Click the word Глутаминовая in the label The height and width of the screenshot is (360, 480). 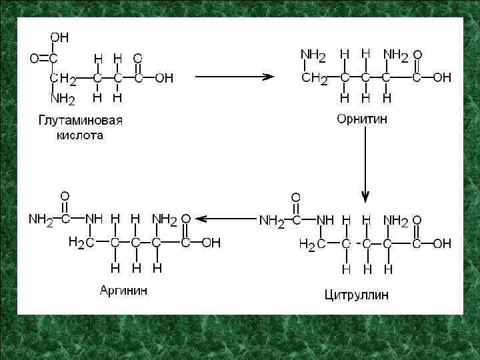(79, 120)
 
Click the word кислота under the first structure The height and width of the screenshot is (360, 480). (79, 135)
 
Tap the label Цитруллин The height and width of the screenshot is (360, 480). (357, 294)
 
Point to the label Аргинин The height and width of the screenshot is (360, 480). (124, 291)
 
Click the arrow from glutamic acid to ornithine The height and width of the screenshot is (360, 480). (234, 76)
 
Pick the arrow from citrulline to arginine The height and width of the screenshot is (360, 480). (229, 218)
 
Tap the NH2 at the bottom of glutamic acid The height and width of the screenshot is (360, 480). (63, 100)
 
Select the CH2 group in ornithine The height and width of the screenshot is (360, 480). (315, 79)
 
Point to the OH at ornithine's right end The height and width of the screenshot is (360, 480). (442, 78)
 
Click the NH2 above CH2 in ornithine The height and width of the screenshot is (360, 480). (313, 54)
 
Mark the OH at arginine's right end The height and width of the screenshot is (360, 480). (211, 243)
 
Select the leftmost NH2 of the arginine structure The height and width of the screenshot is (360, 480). (41, 219)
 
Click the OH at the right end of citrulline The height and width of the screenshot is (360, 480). (442, 244)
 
